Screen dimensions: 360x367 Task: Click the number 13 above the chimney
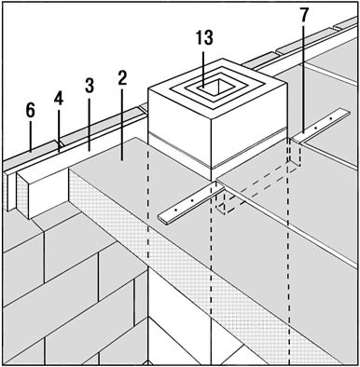[204, 38]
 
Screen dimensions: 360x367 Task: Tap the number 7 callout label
[304, 15]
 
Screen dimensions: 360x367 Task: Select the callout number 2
[122, 77]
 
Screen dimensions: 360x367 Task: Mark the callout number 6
[30, 111]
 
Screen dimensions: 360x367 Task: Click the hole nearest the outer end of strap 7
[331, 119]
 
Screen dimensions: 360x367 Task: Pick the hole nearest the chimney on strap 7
[315, 128]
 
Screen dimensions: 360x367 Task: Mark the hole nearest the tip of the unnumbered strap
[175, 211]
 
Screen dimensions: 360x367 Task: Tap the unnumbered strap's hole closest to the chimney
[192, 201]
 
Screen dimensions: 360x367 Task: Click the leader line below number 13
[203, 68]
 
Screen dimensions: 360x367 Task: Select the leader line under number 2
[121, 124]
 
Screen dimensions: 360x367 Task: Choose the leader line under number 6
[31, 136]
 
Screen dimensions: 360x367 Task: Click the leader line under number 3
[89, 123]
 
